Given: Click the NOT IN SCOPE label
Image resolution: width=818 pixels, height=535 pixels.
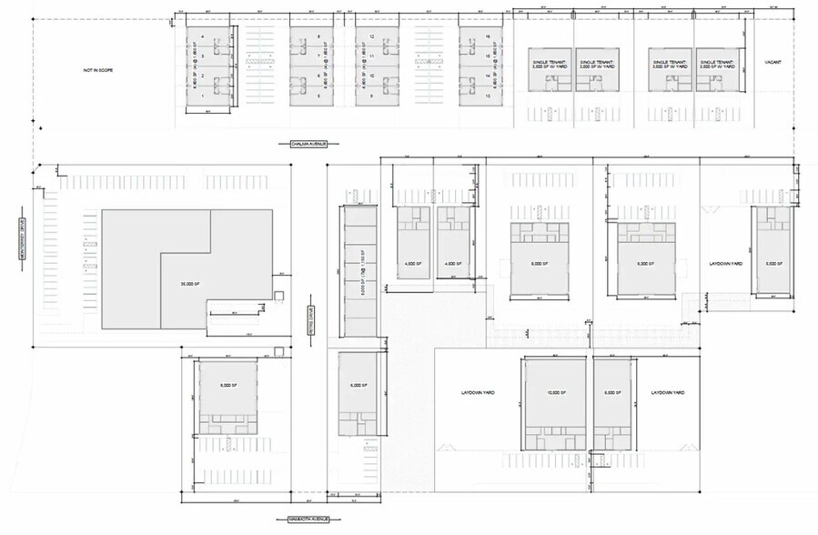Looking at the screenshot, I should pos(101,70).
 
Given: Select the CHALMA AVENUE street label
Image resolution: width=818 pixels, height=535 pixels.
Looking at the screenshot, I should pos(301,144).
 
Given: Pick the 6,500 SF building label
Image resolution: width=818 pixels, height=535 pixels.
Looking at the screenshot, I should pos(611,393).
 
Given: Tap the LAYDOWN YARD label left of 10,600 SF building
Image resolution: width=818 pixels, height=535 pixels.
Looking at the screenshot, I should pos(478,393).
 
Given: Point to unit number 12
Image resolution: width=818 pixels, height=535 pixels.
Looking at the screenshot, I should pos(373,36).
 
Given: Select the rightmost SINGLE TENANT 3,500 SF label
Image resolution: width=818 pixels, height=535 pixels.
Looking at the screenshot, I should pos(717,64).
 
